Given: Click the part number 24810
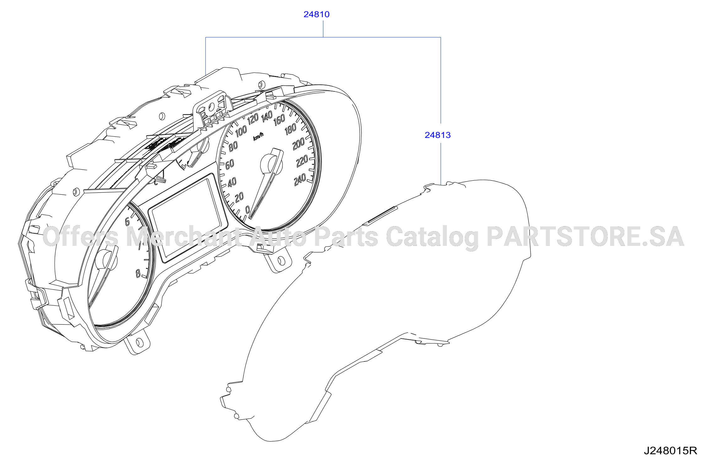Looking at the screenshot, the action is (x=316, y=14).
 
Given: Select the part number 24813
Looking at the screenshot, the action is (x=438, y=135).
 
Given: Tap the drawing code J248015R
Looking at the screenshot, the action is (x=671, y=451).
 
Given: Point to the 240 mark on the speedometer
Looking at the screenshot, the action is (x=300, y=180).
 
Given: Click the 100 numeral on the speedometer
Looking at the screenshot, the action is (x=241, y=131).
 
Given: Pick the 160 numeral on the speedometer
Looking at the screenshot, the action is (x=279, y=120).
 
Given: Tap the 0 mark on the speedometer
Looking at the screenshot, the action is (x=248, y=209).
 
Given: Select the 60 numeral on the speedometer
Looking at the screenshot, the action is (x=230, y=164).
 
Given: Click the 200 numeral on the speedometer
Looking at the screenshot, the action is (x=298, y=144).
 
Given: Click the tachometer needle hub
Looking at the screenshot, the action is (x=106, y=260).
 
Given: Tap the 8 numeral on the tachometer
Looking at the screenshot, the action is (x=138, y=274).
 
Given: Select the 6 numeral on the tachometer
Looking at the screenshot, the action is (x=127, y=222).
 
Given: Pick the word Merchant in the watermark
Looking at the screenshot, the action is (x=184, y=236).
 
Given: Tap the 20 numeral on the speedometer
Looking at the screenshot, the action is (x=239, y=197).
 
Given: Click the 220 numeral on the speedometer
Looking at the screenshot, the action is (x=302, y=162).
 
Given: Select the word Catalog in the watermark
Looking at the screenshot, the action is (x=432, y=238).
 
